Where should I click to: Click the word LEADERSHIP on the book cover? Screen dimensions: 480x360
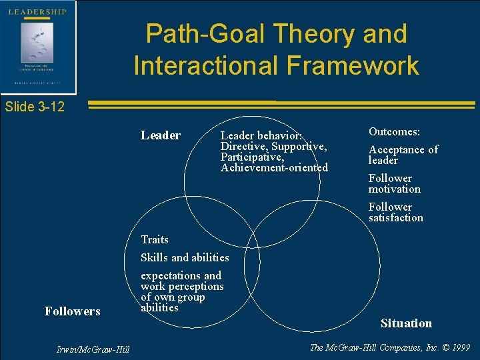[x=37, y=12]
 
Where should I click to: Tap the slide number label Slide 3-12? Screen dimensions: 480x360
[x=34, y=107]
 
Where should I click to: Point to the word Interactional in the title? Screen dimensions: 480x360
[x=213, y=65]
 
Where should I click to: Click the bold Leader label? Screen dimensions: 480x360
[x=161, y=135]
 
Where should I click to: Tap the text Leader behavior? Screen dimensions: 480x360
[x=261, y=135]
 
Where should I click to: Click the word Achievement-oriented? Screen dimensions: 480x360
[x=274, y=167]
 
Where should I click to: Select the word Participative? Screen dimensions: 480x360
[x=252, y=157]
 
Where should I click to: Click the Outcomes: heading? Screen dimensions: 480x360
[x=394, y=132]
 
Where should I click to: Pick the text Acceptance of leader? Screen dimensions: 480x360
[x=403, y=155]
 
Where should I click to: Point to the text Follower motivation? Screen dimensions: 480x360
[x=394, y=183]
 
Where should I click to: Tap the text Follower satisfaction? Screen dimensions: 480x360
[x=395, y=212]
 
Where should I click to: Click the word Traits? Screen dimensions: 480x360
[x=155, y=239]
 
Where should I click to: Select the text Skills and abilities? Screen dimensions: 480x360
[x=185, y=257]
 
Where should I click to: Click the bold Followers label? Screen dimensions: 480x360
[x=72, y=311]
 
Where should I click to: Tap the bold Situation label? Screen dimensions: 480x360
[x=406, y=323]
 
